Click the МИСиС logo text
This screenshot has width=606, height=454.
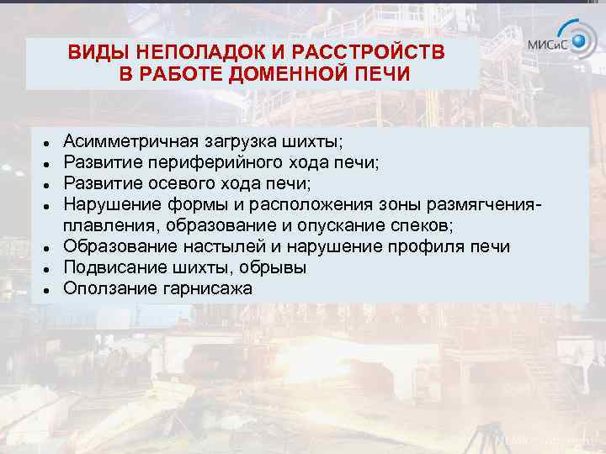pos(547,45)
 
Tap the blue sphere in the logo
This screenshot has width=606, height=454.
pos(580,40)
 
